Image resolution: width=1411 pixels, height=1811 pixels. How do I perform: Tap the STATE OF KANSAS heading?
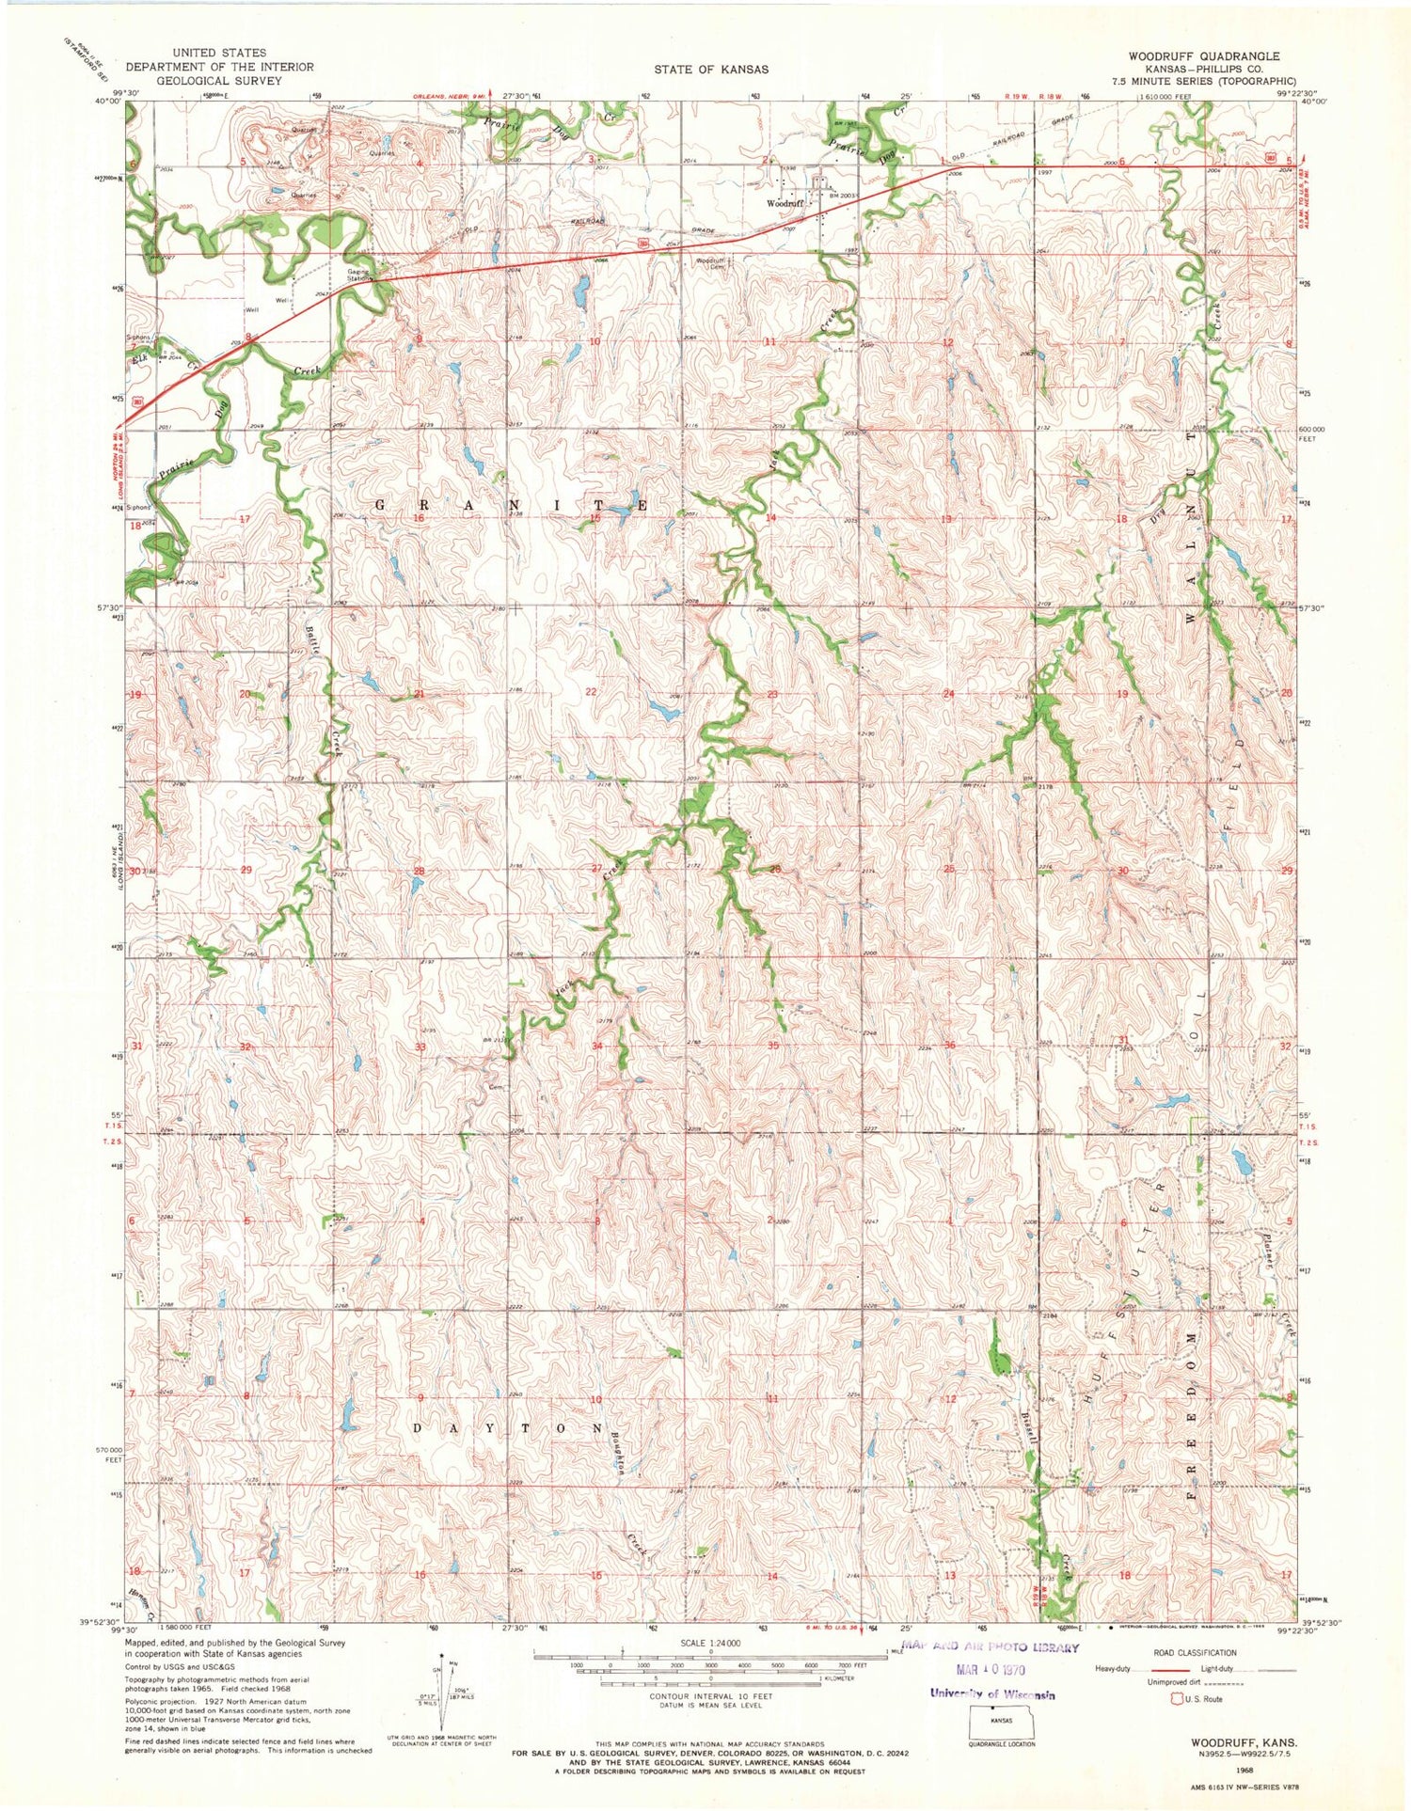(712, 70)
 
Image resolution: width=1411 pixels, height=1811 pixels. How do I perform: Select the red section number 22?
(592, 692)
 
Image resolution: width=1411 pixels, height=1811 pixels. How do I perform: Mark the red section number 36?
(949, 1046)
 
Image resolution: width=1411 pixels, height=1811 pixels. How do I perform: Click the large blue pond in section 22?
(664, 712)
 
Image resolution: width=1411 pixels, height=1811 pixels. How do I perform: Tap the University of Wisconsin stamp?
(991, 1694)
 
